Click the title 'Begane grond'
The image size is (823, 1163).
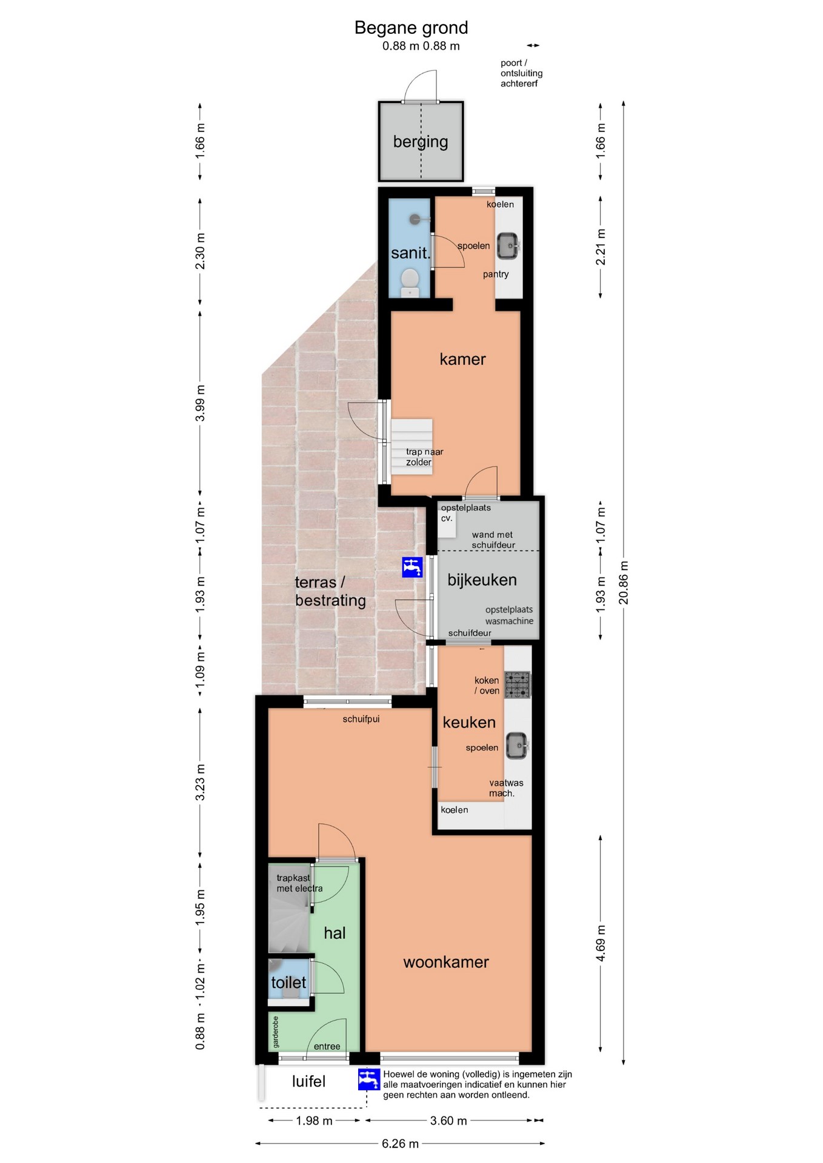pyautogui.click(x=411, y=28)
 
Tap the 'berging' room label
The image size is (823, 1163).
pyautogui.click(x=421, y=142)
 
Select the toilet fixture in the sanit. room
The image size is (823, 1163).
pyautogui.click(x=410, y=282)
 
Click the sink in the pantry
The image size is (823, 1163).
pyautogui.click(x=508, y=246)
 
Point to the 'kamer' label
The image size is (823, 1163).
pyautogui.click(x=462, y=359)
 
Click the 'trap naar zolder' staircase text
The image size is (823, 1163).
pyautogui.click(x=424, y=457)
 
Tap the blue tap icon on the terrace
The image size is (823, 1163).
pyautogui.click(x=412, y=567)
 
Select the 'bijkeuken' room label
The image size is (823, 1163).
pyautogui.click(x=482, y=580)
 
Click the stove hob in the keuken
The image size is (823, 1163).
pyautogui.click(x=518, y=684)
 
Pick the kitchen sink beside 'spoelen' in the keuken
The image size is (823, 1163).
pyautogui.click(x=517, y=745)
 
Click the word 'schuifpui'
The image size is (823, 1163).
pyautogui.click(x=361, y=719)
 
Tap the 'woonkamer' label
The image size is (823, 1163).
pyautogui.click(x=446, y=962)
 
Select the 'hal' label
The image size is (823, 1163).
pyautogui.click(x=335, y=933)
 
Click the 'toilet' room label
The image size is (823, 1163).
pyautogui.click(x=288, y=982)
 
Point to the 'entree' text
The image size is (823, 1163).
pyautogui.click(x=327, y=1046)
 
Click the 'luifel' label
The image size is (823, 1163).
pyautogui.click(x=308, y=1081)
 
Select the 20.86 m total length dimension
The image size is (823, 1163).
pyautogui.click(x=624, y=583)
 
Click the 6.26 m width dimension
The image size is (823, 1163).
pyautogui.click(x=400, y=1144)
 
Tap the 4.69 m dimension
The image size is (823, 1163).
pyautogui.click(x=601, y=943)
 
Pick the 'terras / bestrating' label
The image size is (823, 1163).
pyautogui.click(x=330, y=591)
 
